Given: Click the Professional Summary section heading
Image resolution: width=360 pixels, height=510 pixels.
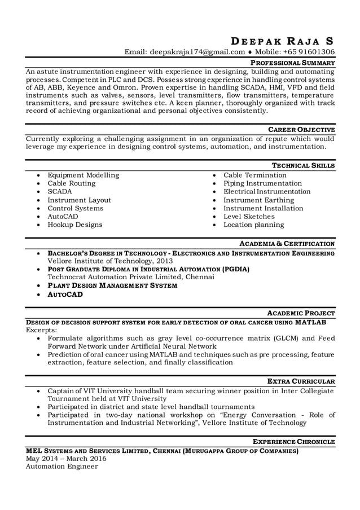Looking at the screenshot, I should point(293,63).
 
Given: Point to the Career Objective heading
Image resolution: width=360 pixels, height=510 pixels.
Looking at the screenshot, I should point(301,130).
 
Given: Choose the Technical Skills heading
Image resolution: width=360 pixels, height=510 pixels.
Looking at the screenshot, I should point(303,166).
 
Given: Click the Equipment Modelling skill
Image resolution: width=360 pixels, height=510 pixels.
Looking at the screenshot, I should point(83,175).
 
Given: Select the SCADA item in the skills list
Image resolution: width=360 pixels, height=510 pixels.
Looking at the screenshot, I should point(59,192).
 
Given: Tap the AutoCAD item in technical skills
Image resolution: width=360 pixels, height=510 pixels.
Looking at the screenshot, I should point(63,217).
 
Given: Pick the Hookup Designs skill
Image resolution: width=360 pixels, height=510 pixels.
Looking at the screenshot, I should point(74,225).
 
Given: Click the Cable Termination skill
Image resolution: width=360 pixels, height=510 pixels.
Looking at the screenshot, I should point(255,175).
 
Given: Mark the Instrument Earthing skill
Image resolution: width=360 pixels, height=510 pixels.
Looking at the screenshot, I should point(258,200).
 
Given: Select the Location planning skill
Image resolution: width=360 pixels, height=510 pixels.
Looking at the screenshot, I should point(253,225).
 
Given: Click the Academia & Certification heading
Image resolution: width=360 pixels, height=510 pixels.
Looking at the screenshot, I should point(287,244).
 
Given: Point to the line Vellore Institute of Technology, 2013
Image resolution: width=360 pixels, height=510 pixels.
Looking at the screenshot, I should point(102,262).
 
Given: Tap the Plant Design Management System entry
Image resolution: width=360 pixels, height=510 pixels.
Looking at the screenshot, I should point(112,286).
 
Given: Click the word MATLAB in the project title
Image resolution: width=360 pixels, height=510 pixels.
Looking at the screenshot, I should point(310,322).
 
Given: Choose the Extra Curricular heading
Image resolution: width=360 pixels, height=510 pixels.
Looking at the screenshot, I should point(301,381).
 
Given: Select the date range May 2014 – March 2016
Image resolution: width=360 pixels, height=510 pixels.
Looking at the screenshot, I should point(66,459).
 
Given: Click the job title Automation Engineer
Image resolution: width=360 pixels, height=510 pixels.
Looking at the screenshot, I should point(62,467).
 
